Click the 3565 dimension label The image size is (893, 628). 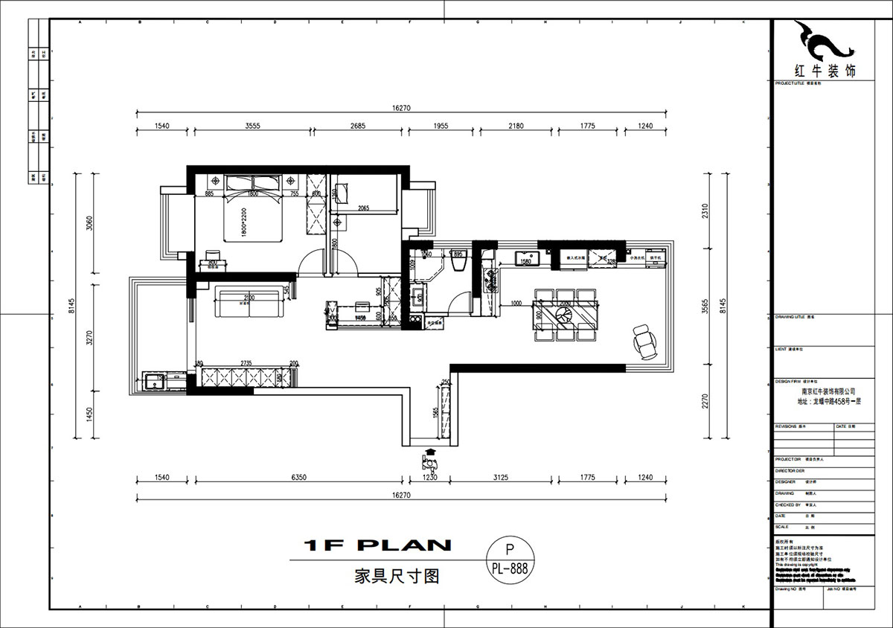(706, 304)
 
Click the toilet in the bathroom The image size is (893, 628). (458, 263)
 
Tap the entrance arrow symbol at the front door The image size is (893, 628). (429, 456)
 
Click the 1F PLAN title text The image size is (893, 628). (377, 545)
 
